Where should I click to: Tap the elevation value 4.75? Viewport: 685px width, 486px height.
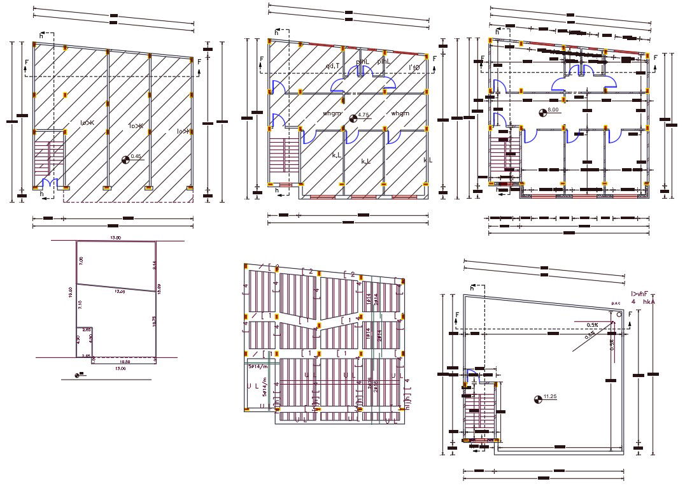point(364,115)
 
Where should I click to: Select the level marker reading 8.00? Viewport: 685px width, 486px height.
point(553,110)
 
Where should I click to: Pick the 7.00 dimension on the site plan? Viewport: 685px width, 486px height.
point(81,261)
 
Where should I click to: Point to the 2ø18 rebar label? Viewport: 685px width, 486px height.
point(376,387)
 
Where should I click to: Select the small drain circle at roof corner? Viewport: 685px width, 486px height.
point(619,315)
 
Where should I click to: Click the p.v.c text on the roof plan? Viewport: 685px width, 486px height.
point(615,303)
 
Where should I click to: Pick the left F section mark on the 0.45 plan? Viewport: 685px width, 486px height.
point(26,66)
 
